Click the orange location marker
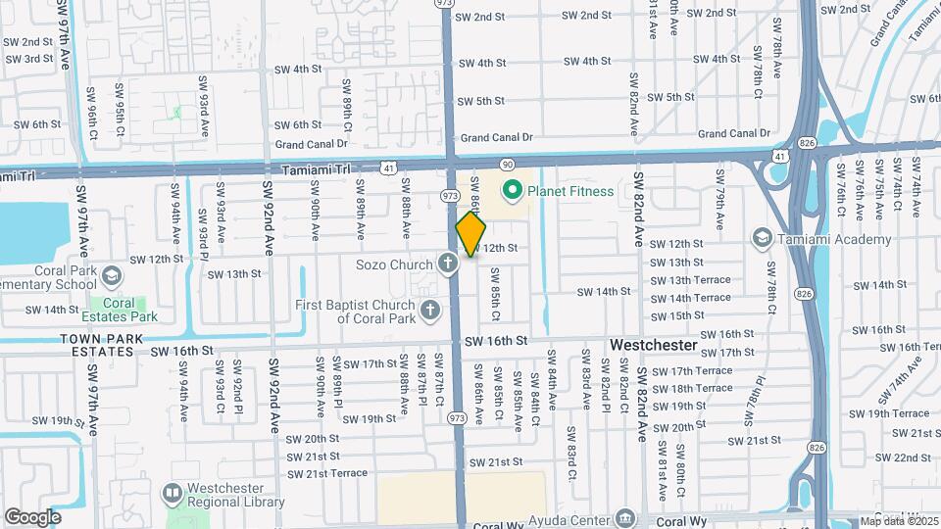(470, 234)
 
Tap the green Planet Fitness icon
(511, 191)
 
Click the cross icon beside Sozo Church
(448, 263)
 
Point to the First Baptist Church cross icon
(429, 311)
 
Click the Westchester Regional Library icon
(173, 491)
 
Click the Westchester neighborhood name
(654, 346)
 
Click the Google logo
(32, 516)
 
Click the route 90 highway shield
(507, 164)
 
